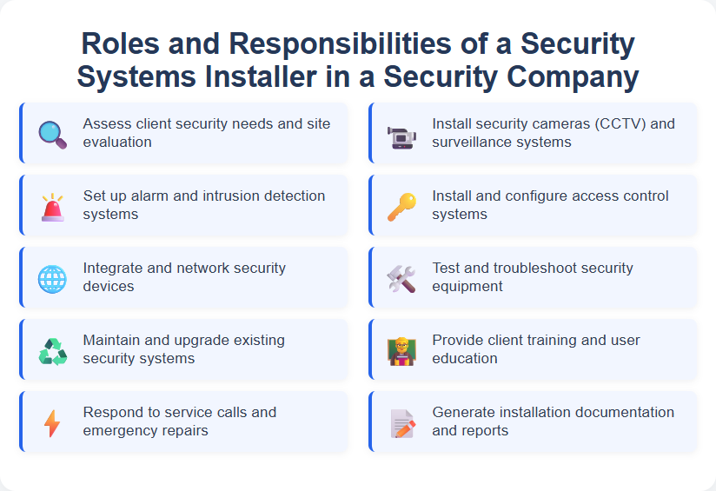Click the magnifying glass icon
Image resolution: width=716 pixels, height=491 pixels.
click(52, 134)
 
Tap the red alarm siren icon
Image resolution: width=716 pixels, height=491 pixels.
click(52, 207)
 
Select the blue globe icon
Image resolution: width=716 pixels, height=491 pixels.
click(52, 279)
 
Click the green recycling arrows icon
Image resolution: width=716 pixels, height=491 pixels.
click(52, 351)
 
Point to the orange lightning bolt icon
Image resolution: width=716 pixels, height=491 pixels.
click(52, 423)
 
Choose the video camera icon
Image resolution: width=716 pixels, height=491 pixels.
click(401, 135)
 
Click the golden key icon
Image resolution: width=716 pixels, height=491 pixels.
click(401, 207)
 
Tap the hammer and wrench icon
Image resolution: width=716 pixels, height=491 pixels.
click(401, 279)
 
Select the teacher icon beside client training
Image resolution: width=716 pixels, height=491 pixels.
click(401, 351)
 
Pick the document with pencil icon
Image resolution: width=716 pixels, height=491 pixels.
click(401, 423)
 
